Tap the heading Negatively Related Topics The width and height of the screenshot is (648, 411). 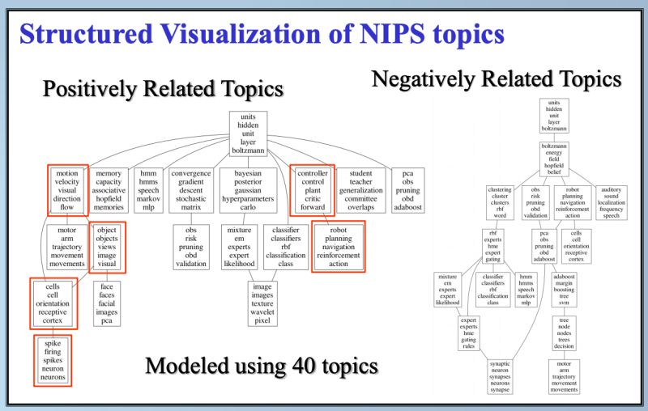coord(497,79)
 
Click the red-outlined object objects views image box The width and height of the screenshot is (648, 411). coord(107,247)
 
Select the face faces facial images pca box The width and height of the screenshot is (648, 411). coord(107,303)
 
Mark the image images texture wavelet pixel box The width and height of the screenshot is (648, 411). coord(261,303)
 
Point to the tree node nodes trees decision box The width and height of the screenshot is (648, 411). coord(565,333)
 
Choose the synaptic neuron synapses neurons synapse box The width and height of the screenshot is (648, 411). coord(499,377)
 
